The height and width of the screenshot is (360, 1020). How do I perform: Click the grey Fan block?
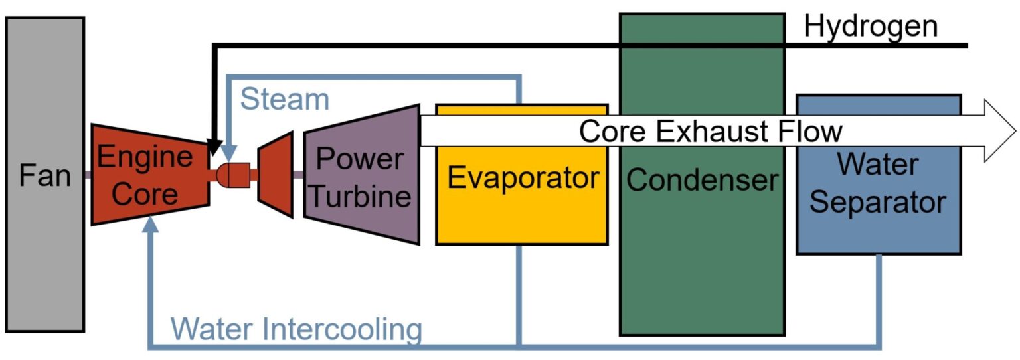tap(44, 174)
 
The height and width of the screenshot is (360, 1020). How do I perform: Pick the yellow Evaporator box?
tap(521, 199)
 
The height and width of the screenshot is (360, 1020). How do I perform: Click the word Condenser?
tap(702, 180)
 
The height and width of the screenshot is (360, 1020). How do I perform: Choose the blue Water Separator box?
tap(878, 199)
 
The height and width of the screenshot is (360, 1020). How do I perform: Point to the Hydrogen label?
tap(871, 27)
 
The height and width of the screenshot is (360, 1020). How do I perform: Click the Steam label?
tap(284, 100)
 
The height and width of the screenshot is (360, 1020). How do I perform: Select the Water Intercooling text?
tap(296, 328)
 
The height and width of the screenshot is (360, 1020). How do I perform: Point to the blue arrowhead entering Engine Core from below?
tap(151, 226)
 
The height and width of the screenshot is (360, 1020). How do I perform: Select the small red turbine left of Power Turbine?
tap(276, 175)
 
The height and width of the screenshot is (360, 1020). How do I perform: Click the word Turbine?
tap(361, 197)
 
